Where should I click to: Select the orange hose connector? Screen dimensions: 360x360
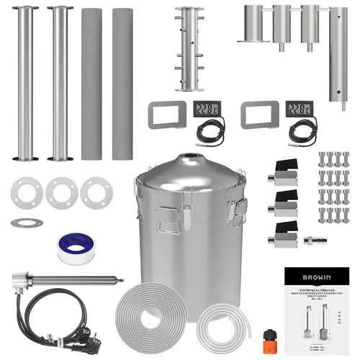(x=271, y=337)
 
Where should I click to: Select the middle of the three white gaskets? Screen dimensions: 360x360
(x=60, y=192)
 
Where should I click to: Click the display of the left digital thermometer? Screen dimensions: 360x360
(x=209, y=109)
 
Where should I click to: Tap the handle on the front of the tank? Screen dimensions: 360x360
(x=166, y=215)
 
